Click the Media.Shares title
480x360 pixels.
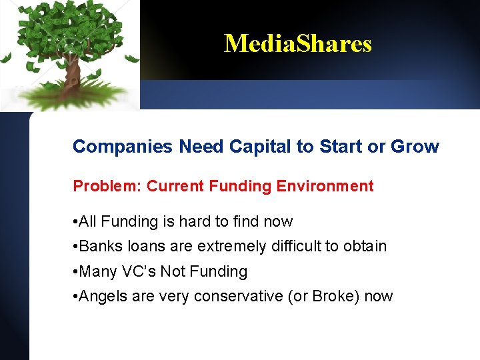point(297,44)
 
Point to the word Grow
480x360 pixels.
point(417,147)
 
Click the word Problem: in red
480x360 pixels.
point(107,186)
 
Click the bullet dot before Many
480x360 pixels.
point(75,272)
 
